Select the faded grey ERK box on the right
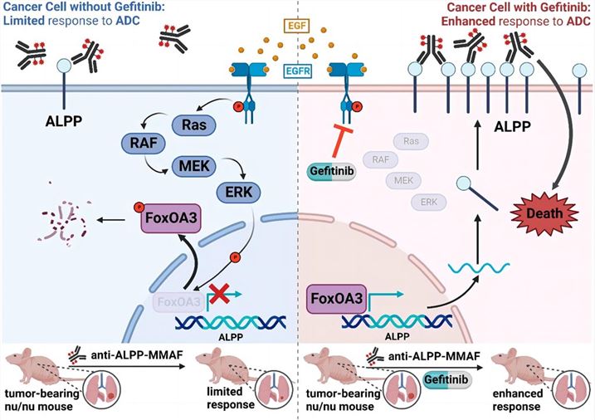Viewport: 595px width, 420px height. click(429, 202)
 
